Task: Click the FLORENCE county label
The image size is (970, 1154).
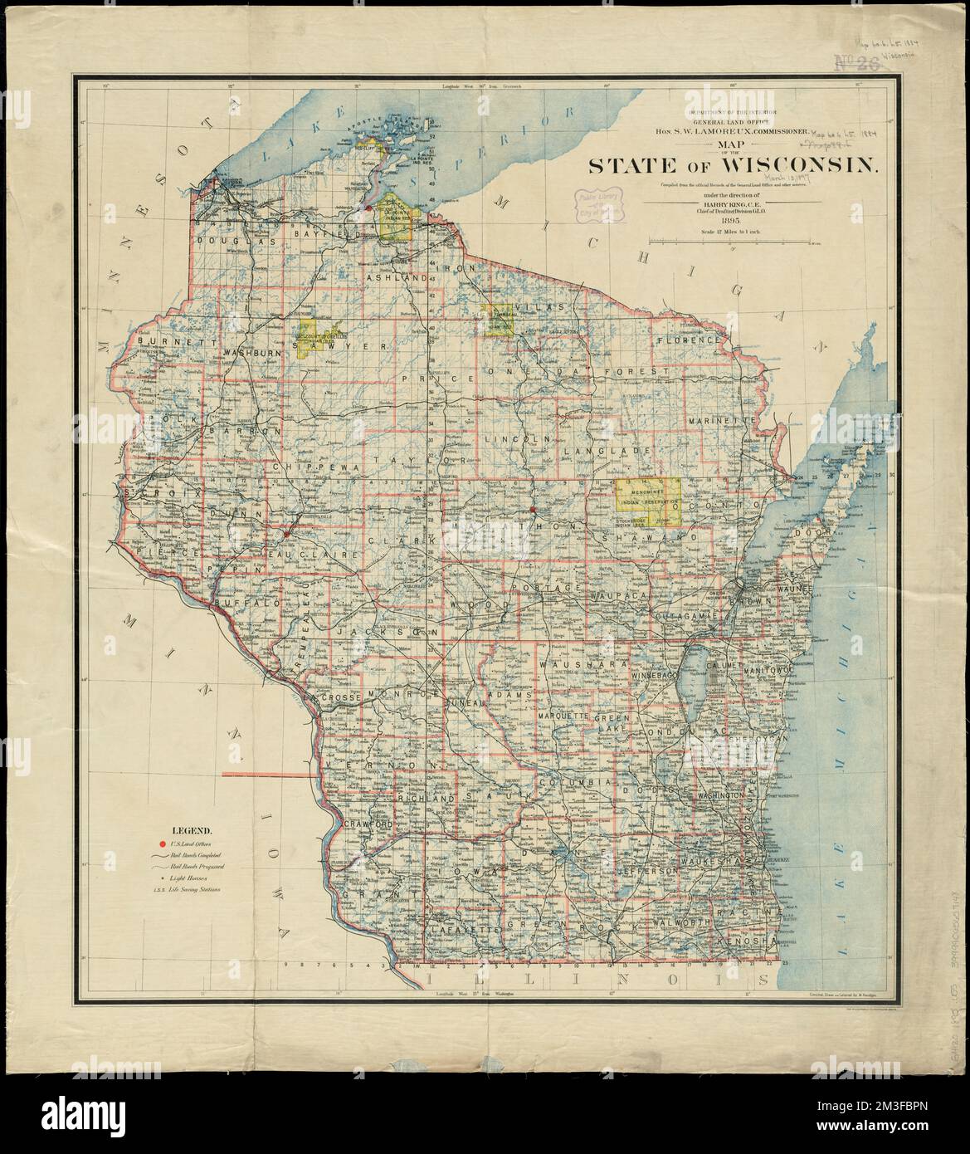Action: tap(689, 340)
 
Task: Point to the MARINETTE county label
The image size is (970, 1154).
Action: tap(720, 421)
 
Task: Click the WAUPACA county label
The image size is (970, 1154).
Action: tap(618, 596)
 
